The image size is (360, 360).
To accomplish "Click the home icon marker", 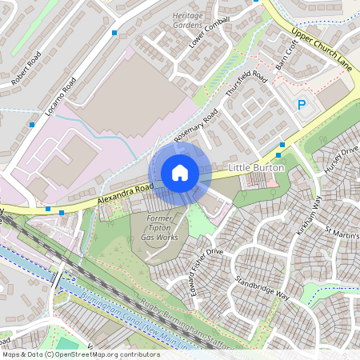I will [180, 173].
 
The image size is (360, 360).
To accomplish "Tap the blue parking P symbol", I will [302, 105].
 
